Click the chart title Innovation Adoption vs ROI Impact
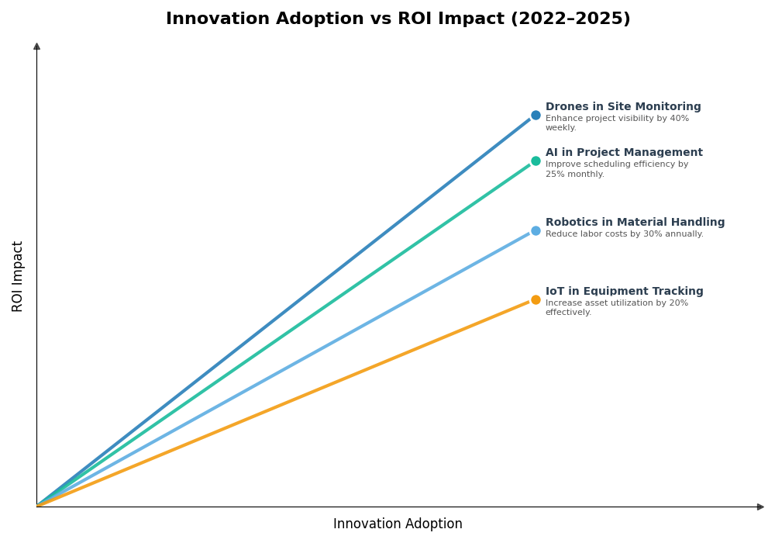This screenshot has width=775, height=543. point(398,19)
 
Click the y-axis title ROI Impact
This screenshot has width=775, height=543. point(18,276)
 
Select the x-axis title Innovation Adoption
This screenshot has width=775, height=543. point(398,524)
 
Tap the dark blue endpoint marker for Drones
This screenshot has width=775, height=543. point(536,116)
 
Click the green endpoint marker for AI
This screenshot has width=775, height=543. point(536,161)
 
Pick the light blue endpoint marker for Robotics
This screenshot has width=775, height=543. point(536,230)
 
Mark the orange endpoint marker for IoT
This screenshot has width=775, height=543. point(536,300)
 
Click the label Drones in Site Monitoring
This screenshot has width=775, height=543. point(622,107)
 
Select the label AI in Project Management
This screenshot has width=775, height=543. point(623,153)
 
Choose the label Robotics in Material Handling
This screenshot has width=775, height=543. point(635,223)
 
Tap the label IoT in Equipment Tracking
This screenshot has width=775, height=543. point(624,292)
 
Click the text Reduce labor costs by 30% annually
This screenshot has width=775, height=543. point(624,234)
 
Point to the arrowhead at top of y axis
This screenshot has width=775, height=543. point(36,47)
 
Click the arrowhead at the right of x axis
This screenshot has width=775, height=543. point(760,507)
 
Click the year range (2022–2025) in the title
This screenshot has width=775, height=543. point(570,19)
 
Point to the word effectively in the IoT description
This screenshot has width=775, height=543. point(567,313)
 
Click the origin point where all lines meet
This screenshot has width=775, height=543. point(37,506)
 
